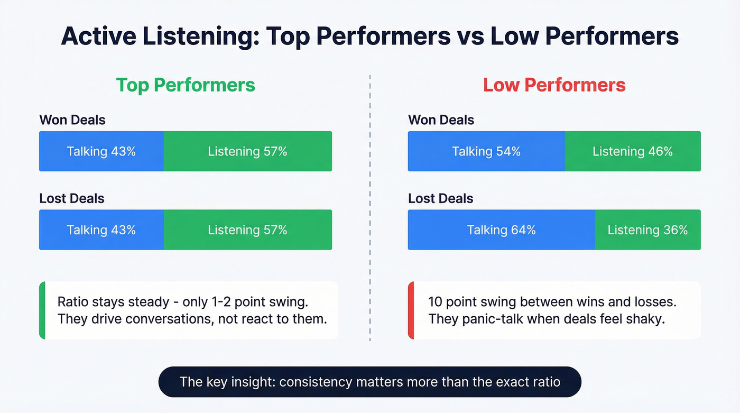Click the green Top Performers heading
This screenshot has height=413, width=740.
coord(186,85)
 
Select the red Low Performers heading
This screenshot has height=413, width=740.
coord(554,85)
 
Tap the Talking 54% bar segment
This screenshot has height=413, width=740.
coord(486,152)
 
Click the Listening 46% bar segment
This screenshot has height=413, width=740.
coord(633,152)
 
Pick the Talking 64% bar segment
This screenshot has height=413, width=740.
coord(501,230)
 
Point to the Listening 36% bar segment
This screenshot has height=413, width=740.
coord(647,230)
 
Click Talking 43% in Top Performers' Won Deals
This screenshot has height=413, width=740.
coord(101,152)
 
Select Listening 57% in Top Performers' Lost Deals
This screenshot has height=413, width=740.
coord(247,230)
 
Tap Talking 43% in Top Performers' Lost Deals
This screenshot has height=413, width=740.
coord(101,230)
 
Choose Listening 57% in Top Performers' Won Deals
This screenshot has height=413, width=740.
coord(247,152)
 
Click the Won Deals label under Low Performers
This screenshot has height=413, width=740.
coord(441,120)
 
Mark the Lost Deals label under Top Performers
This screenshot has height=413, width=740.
coord(72,198)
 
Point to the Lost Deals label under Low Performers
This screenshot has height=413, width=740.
coord(441,198)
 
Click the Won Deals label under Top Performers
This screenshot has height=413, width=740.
coord(72,120)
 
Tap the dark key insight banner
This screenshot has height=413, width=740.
coord(369,382)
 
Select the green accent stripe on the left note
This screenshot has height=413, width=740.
coord(42,310)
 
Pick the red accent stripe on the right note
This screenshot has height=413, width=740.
coord(411,310)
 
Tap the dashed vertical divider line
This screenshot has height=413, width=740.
coord(370,212)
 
